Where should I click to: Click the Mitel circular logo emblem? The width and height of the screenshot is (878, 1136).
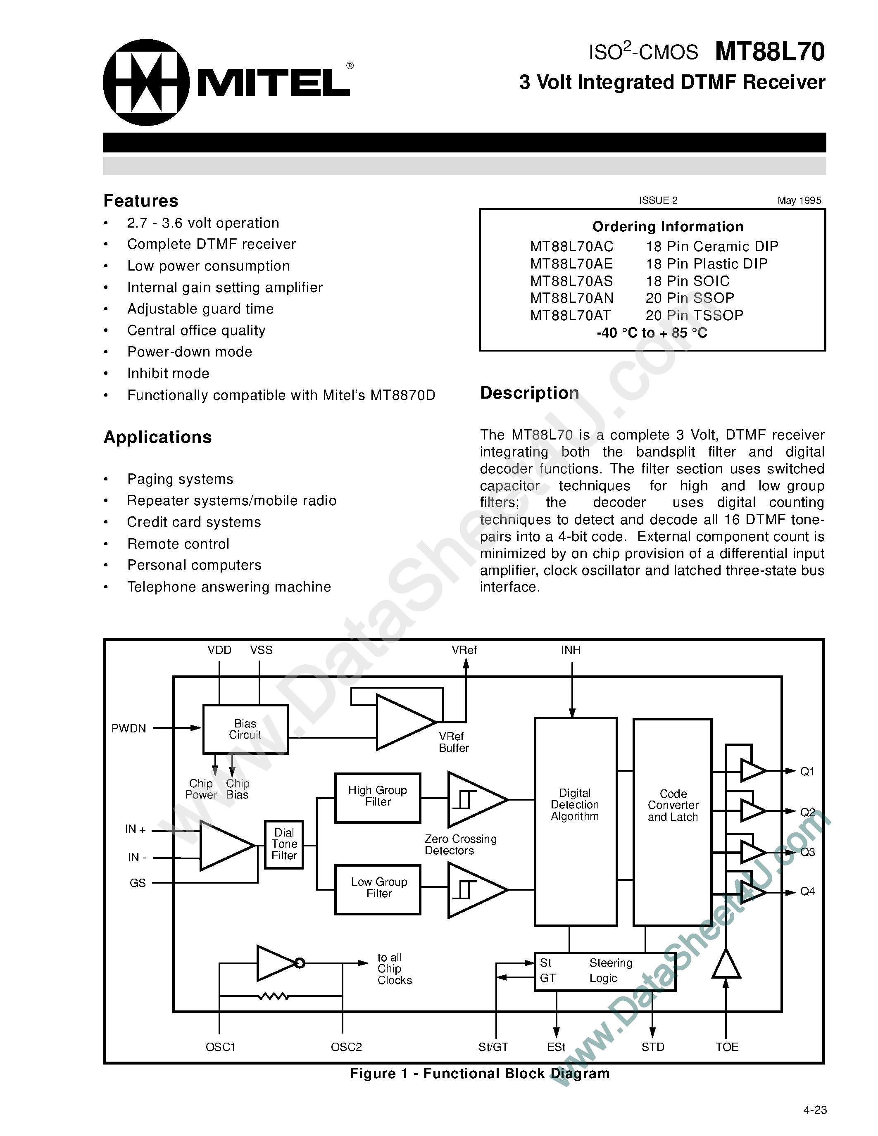146,82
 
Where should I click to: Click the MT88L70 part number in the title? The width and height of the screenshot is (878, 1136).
769,52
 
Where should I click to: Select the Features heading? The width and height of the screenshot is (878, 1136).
141,201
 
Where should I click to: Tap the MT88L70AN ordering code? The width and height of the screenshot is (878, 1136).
572,298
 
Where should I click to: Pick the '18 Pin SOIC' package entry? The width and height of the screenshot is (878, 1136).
688,281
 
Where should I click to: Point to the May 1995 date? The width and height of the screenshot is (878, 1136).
799,200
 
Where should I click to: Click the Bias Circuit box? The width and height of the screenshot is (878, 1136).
245,729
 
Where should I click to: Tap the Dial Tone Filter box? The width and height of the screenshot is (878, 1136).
284,844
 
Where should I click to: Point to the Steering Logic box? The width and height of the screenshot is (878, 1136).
605,971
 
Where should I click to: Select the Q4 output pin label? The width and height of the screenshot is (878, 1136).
807,891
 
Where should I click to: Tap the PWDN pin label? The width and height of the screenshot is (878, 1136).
128,728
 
